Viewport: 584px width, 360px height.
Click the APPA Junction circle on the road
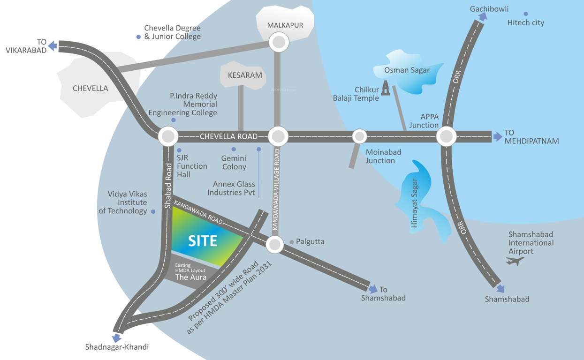[x=446, y=137]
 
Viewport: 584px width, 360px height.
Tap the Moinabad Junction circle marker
[x=360, y=136]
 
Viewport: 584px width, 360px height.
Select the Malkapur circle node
[x=279, y=43]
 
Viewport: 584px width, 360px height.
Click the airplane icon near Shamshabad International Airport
[x=515, y=261]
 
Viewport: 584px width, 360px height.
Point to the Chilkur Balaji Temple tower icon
[x=386, y=88]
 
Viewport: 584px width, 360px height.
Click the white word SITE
[x=203, y=241]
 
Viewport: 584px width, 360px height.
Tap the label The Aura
[x=190, y=277]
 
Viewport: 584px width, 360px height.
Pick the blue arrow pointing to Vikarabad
[x=53, y=45]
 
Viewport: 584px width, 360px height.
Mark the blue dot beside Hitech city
[x=526, y=14]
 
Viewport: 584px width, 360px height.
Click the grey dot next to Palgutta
[x=292, y=242]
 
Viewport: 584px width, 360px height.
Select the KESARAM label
[x=244, y=75]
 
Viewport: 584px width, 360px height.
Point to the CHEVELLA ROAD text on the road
[x=228, y=137]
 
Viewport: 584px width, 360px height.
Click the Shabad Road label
[x=168, y=186]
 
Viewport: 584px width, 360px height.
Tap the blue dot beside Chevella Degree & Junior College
[x=138, y=37]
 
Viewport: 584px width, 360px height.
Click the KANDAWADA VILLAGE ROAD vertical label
[x=277, y=189]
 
